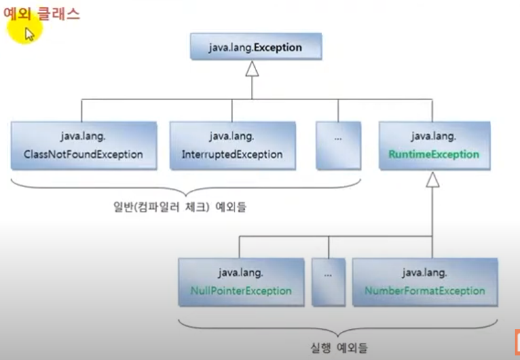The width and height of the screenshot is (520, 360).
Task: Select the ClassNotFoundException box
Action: pos(83,145)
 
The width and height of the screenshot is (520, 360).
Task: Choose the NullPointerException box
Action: pos(241,281)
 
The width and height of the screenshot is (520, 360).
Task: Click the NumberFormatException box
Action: pos(424,281)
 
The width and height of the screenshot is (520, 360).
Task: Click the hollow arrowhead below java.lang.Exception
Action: pos(252,68)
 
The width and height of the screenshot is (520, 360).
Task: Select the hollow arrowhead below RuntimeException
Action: pos(432,179)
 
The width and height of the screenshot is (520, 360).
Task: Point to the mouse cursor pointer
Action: pos(29,33)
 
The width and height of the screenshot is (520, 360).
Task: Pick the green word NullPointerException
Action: pos(241,291)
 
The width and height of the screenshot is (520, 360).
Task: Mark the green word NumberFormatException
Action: pos(425,291)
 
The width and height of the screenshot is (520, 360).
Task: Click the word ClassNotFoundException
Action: pos(83,155)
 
